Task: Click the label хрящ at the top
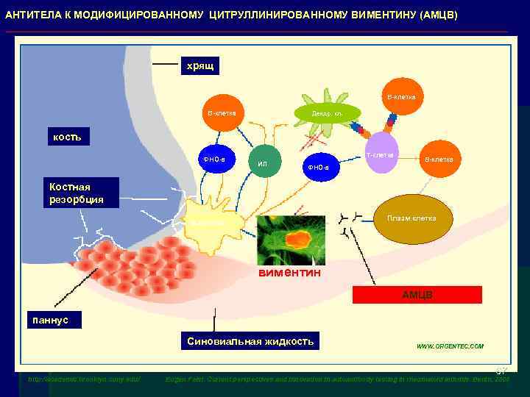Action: click(x=199, y=66)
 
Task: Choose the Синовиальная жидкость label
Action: click(x=250, y=341)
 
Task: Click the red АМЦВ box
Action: click(x=417, y=295)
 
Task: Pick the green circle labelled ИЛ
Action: click(x=264, y=163)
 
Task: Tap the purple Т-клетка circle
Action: click(x=381, y=153)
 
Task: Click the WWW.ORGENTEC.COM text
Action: click(x=450, y=346)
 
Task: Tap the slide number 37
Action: click(x=501, y=370)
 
